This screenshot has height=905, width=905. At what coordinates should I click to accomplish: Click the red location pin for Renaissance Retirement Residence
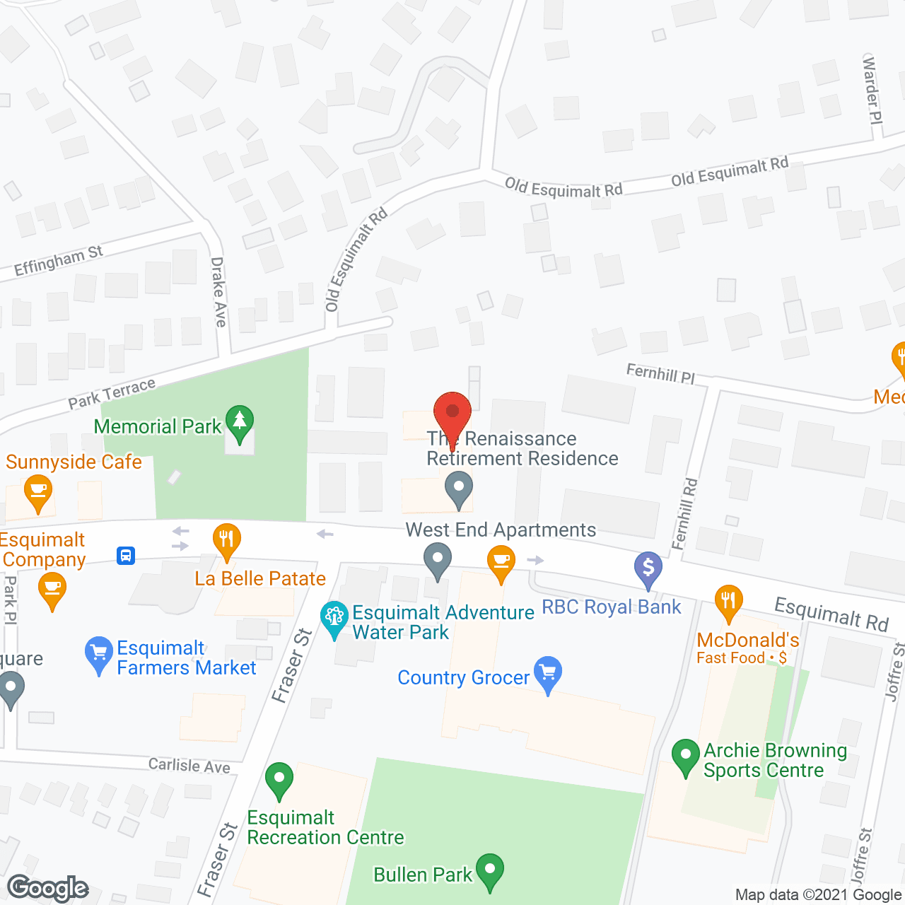452,412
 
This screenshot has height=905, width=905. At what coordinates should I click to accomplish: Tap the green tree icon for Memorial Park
240,421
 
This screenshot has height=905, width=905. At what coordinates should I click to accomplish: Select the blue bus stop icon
126,555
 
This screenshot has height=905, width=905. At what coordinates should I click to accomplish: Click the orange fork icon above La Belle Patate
226,540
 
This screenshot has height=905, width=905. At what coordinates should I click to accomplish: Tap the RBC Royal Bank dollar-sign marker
648,568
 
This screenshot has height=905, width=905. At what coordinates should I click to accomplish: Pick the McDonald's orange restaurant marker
728,602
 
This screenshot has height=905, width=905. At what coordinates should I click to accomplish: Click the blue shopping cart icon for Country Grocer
548,672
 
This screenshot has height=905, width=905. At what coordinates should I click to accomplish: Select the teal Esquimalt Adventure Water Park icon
334,617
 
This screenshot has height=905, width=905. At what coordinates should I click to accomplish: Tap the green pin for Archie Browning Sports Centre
685,755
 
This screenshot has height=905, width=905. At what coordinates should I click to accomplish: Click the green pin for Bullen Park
489,870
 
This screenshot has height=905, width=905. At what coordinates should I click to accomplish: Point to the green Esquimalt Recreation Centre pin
279,778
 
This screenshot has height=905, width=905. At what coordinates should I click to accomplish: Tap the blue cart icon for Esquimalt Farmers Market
98,653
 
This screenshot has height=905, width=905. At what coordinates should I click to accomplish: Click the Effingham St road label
59,261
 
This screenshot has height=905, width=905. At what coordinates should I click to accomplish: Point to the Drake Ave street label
219,291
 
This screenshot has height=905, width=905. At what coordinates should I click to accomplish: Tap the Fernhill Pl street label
660,373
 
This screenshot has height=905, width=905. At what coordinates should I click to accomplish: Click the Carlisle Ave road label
189,765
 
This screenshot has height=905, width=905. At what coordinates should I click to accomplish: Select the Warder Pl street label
872,90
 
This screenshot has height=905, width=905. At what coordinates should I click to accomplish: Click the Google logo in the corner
48,888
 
